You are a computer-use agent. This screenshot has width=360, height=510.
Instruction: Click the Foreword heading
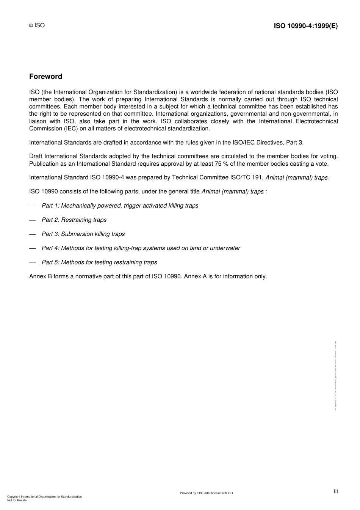point(45,77)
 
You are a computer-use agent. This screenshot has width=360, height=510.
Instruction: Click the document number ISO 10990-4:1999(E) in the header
point(305,26)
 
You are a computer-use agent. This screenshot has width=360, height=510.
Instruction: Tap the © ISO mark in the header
point(37,25)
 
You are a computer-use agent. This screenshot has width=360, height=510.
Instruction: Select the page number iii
point(336,491)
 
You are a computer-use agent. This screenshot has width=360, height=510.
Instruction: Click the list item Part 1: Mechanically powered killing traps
point(120,206)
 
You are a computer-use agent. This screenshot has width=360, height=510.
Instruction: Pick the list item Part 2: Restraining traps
point(74,220)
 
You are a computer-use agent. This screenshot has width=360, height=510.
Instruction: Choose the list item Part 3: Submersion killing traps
point(83,234)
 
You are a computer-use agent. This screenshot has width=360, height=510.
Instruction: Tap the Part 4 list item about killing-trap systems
point(141,248)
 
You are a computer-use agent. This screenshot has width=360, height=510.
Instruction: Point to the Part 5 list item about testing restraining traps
point(99,262)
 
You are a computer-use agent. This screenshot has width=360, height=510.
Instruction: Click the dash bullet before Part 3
point(33,234)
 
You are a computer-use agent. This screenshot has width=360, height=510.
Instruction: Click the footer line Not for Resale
point(17,500)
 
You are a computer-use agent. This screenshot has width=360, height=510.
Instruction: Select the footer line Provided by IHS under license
point(206,493)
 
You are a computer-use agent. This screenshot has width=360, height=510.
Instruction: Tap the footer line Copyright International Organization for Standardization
point(44,497)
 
